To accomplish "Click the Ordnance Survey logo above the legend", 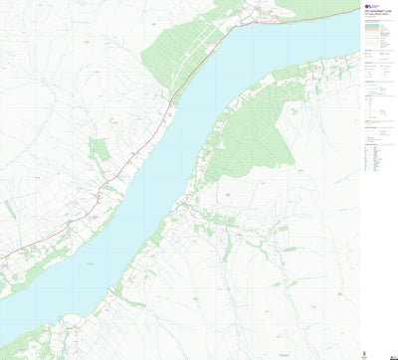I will pyautogui.click(x=367, y=8).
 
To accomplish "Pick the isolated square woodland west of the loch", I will pyautogui.click(x=99, y=150).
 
